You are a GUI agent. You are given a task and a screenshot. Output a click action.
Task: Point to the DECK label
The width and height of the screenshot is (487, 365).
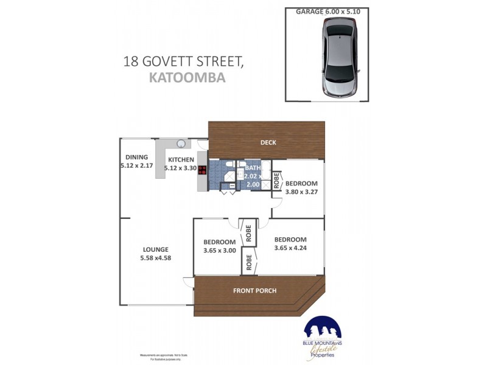(x=268, y=143)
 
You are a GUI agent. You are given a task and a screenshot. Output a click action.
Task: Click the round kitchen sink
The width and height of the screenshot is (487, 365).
(x=181, y=144)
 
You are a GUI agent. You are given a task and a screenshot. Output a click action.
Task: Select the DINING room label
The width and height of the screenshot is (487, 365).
(x=137, y=157)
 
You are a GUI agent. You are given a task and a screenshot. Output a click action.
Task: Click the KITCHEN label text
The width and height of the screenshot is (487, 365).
(x=181, y=159)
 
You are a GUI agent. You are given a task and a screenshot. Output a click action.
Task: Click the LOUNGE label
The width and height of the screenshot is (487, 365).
(x=155, y=249)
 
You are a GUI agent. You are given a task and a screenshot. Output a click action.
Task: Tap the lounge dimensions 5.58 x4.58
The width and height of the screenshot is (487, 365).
(x=155, y=259)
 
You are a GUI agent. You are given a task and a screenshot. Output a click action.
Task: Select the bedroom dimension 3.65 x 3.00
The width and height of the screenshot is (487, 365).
(x=219, y=250)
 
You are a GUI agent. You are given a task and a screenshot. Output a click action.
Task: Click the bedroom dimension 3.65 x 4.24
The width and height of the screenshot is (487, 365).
(x=290, y=248)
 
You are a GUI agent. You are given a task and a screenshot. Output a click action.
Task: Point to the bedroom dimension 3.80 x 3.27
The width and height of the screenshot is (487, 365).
(x=302, y=192)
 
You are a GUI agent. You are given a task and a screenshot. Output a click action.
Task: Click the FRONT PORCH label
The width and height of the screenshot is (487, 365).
(x=254, y=291)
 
